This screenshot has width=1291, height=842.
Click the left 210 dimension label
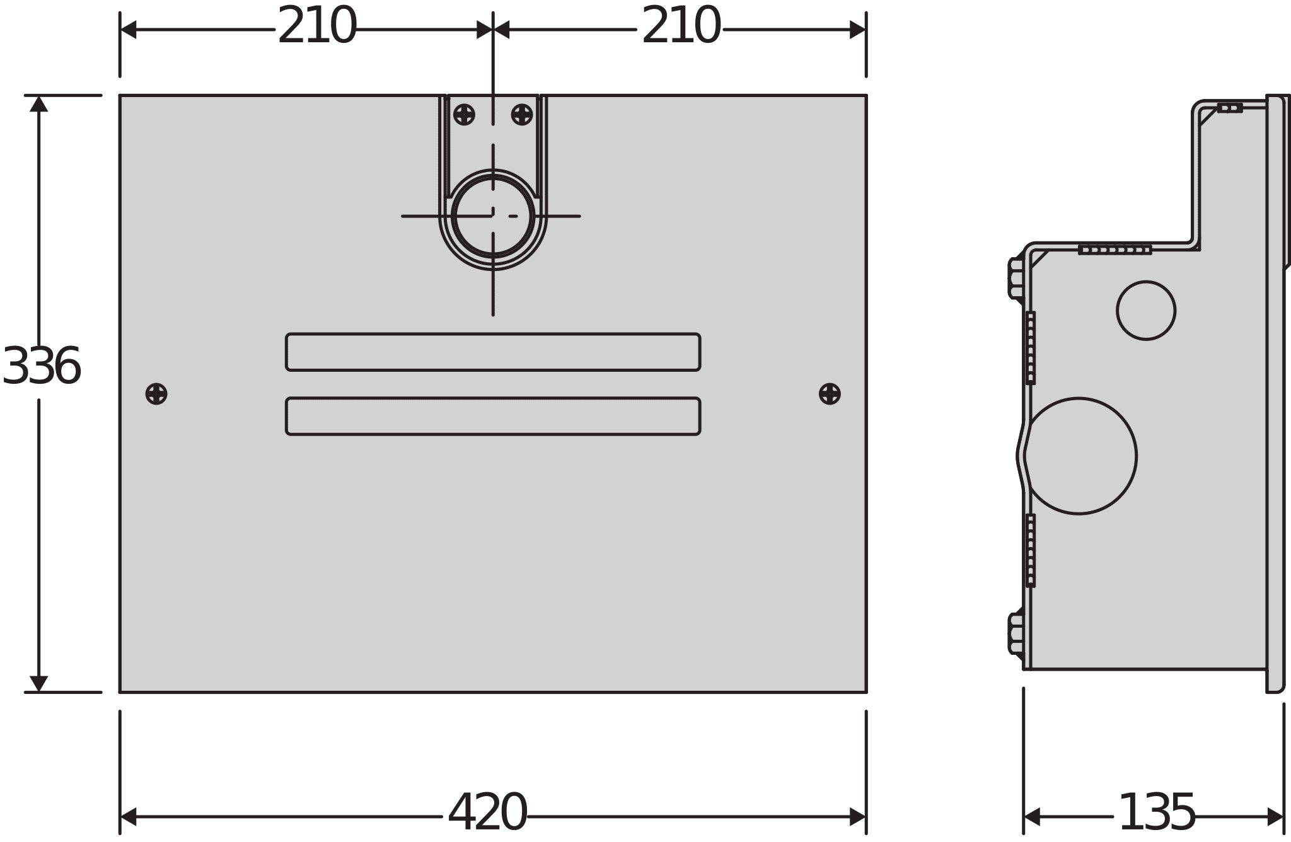[x=316, y=27]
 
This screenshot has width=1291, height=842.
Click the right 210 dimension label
[x=680, y=27]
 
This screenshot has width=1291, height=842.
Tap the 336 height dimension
[x=42, y=367]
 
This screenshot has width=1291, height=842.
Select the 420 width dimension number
[x=487, y=814]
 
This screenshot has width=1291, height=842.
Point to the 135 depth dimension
[x=1156, y=814]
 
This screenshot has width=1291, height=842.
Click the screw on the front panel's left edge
[x=156, y=394]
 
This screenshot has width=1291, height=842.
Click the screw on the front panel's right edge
[x=830, y=394]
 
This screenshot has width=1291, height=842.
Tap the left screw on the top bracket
[x=464, y=115]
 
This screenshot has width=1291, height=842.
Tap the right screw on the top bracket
[x=522, y=115]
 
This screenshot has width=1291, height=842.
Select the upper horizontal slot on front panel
[x=493, y=352]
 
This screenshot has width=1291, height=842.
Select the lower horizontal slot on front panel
[x=493, y=416]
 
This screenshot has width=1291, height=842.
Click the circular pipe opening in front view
[x=493, y=216]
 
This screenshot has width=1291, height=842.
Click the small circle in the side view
[x=1146, y=311]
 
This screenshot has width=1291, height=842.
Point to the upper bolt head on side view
[x=1016, y=278]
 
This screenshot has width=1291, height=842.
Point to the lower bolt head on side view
[x=1016, y=633]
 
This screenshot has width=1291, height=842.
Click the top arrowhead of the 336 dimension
[x=39, y=103]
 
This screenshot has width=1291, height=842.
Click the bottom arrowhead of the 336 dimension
[x=39, y=683]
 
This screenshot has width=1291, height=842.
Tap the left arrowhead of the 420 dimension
[x=128, y=817]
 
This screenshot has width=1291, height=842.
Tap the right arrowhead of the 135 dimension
[x=1275, y=817]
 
